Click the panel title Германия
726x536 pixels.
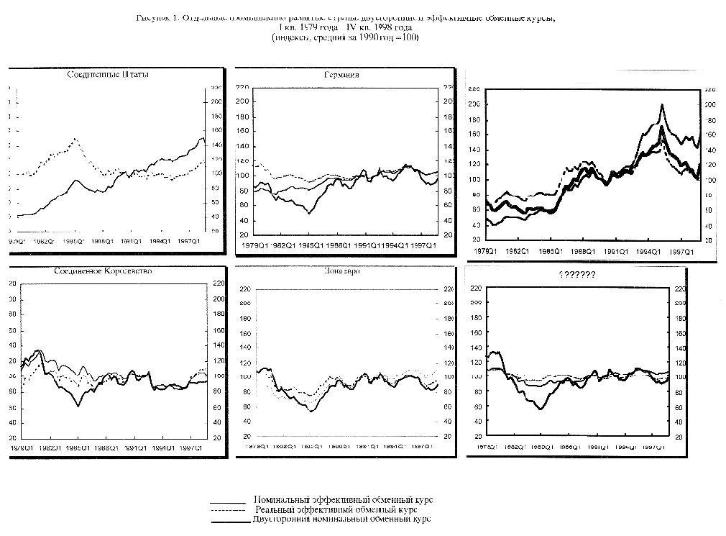[341, 75]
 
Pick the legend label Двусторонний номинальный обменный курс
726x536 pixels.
[341, 519]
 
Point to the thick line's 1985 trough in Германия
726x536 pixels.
[310, 214]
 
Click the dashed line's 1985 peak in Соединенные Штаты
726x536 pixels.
[75, 138]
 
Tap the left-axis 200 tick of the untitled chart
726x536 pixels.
[473, 104]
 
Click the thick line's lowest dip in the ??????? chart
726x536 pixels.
[539, 409]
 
